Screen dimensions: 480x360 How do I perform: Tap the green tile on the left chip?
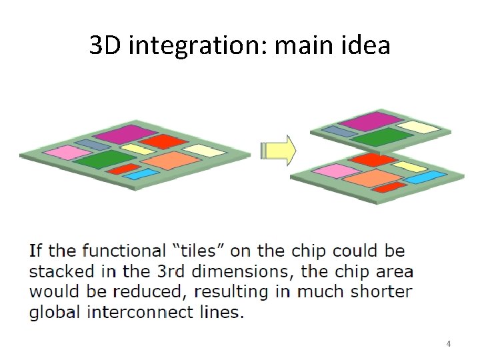tap(101, 159)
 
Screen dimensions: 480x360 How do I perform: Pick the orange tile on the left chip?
tap(171, 160)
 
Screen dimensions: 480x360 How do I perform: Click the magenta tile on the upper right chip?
tap(365, 121)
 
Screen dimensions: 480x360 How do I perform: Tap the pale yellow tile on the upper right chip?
tap(418, 127)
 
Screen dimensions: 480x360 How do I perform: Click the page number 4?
tap(448, 344)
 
